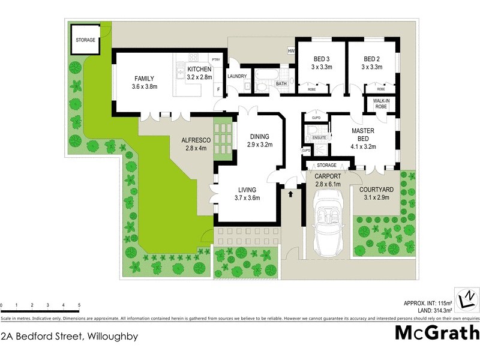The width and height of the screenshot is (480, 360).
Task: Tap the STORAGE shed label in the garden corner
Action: click(x=85, y=40)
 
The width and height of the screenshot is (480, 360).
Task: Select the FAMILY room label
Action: click(x=144, y=79)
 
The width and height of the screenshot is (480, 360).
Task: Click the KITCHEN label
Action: click(x=200, y=69)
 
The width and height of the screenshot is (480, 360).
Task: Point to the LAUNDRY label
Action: click(x=237, y=76)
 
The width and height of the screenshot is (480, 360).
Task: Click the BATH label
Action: click(x=281, y=84)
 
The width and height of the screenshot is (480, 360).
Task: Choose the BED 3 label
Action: click(x=322, y=59)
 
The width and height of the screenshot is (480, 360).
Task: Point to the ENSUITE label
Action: click(x=319, y=138)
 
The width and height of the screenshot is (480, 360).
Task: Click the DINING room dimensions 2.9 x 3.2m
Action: click(x=259, y=145)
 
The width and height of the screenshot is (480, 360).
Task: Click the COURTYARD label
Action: click(x=376, y=190)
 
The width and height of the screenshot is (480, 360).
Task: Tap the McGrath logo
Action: click(x=437, y=332)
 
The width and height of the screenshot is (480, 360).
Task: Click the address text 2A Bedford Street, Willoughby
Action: click(x=70, y=336)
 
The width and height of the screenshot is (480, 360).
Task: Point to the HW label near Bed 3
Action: click(x=291, y=51)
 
